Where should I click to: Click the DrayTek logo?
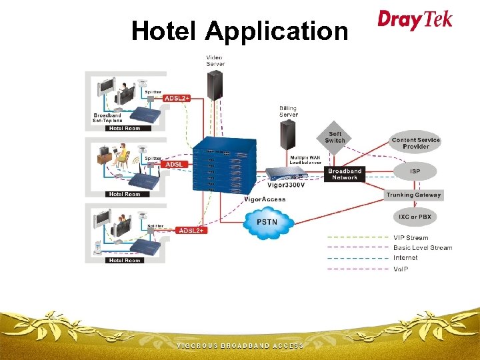(x=415, y=19)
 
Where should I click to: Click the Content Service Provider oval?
(x=415, y=143)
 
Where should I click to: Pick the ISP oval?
(x=415, y=171)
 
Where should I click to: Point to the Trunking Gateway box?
(x=413, y=195)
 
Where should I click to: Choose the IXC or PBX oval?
(x=415, y=218)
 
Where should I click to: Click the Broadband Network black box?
(x=345, y=174)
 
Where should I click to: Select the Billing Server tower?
(x=288, y=137)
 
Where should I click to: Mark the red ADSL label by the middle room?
(x=174, y=164)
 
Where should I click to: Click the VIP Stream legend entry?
(x=411, y=238)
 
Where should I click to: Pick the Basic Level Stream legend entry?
(x=422, y=248)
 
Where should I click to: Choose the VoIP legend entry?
(x=401, y=269)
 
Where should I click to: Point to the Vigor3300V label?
(x=287, y=186)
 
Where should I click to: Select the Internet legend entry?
(x=405, y=258)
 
